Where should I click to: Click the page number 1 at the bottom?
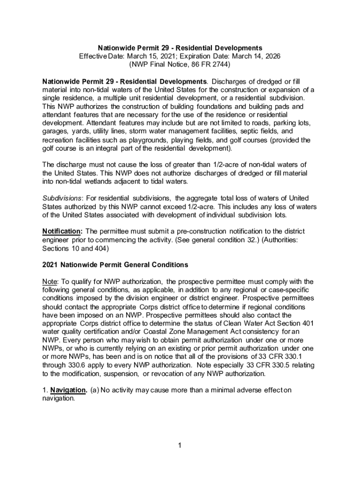(x=180, y=444)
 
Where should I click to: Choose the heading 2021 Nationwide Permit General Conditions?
(x=115, y=265)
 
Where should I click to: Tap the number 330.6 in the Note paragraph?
(x=79, y=366)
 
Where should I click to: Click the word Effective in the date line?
(x=93, y=56)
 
